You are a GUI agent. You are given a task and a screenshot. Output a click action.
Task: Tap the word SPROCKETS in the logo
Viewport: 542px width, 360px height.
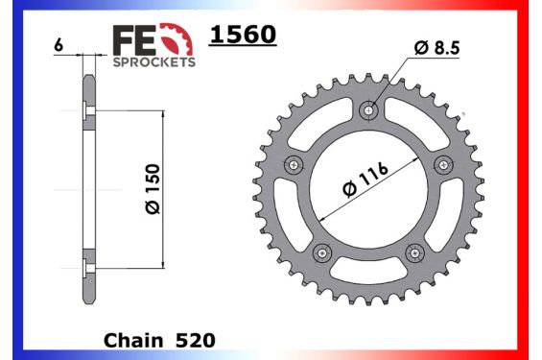click(155, 60)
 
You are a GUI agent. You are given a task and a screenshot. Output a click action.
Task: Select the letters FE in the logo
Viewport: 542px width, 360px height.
click(135, 40)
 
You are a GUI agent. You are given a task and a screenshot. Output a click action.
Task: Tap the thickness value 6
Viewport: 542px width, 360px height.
click(59, 45)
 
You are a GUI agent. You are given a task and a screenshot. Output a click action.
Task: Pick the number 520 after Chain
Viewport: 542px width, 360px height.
click(196, 340)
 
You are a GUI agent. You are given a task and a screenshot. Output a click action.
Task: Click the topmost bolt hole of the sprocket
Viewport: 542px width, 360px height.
click(369, 111)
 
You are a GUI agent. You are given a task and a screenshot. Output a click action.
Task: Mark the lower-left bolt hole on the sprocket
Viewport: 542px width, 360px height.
click(321, 252)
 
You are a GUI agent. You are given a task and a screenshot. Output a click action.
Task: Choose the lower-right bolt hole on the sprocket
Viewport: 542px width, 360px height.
click(415, 252)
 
